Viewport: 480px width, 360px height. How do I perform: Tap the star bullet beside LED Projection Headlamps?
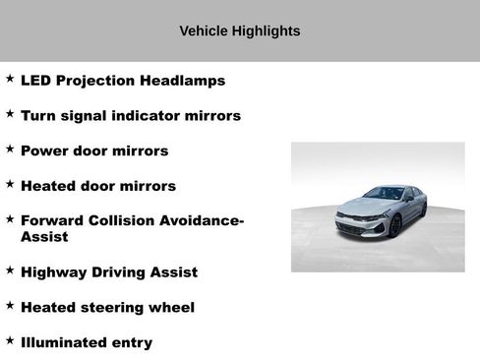click(10, 79)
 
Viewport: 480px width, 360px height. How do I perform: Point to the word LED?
click(36, 81)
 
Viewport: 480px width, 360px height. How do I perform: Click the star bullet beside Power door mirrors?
click(10, 150)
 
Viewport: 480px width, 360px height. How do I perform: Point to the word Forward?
click(55, 221)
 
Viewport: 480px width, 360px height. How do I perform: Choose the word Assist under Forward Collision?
click(44, 237)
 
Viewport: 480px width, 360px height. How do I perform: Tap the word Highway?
click(54, 272)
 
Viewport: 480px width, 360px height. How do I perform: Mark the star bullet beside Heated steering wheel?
click(10, 306)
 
